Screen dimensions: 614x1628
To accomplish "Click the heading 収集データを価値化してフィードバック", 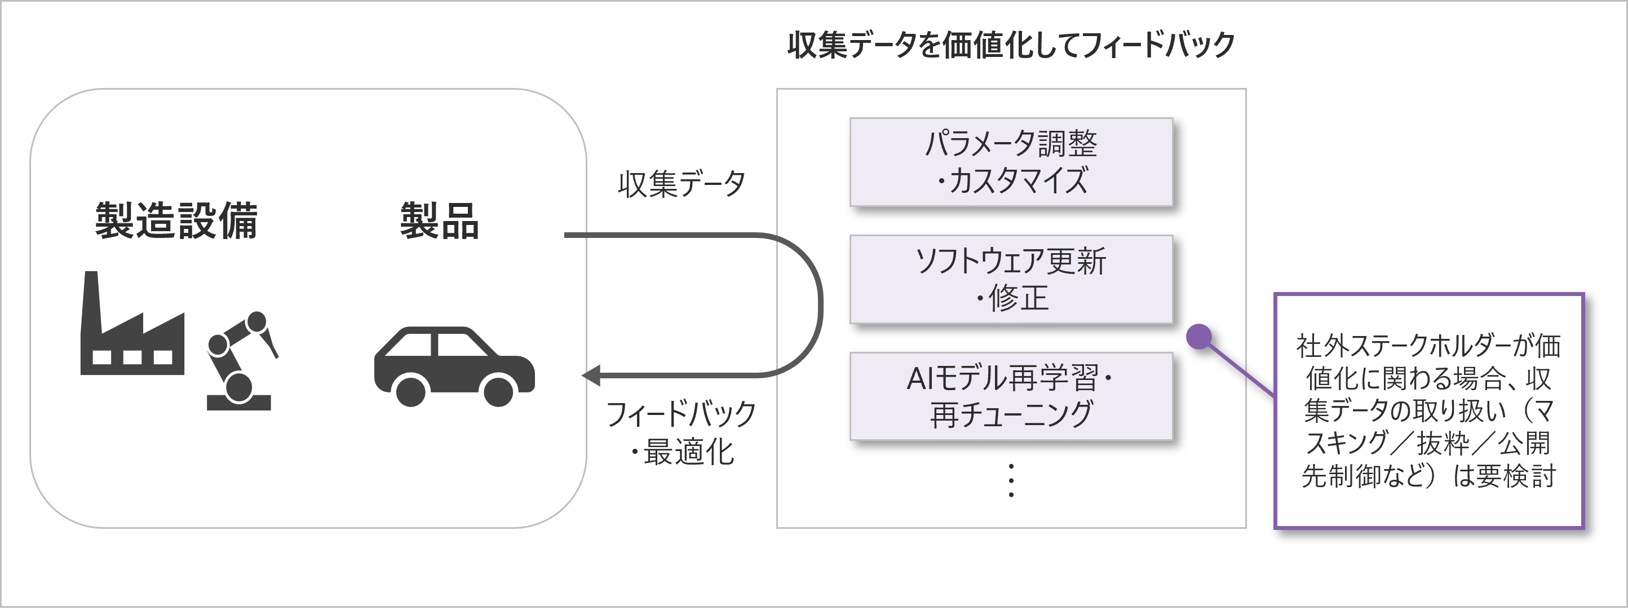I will coord(1011,45).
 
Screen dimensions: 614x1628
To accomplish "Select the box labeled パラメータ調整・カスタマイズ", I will coord(1011,162).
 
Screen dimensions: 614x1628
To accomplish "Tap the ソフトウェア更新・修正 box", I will coord(1011,279).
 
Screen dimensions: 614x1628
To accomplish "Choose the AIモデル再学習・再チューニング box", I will coord(1011,396).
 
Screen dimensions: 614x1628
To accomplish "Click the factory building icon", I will coord(132,342).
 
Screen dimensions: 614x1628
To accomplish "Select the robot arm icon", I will coord(240,360).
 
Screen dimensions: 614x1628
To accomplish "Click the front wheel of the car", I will coord(497,391).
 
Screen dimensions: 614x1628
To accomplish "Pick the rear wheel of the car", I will coord(411,391).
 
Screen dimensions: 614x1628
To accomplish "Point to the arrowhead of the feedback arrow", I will coord(590,376).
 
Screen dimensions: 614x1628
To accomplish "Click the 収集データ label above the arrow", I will coord(682,184).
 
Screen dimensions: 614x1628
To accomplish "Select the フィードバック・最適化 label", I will coord(682,432).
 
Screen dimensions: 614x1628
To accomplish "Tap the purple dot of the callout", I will coord(1199,337).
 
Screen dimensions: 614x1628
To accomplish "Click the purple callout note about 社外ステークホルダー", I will coord(1428,411).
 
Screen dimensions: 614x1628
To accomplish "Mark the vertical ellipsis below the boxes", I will coord(1011,480).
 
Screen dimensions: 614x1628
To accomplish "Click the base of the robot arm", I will coord(239,403).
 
